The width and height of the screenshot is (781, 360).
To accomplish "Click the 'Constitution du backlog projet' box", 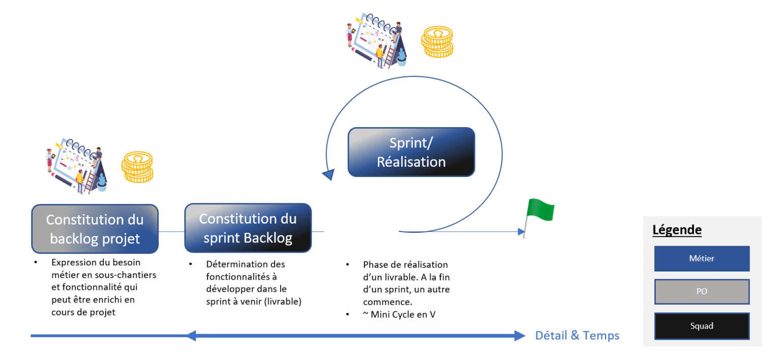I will [95, 229].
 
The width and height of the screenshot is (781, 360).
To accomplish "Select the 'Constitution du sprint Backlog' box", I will [248, 228].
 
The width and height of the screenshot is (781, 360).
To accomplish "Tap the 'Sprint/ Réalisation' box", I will [411, 152].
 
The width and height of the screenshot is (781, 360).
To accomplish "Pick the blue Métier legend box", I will [702, 258].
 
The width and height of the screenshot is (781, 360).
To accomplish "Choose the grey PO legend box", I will [702, 292].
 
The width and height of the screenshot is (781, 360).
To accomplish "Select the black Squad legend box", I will [702, 326].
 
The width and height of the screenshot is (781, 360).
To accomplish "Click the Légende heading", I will [677, 230].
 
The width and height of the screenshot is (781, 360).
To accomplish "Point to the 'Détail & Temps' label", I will [577, 336].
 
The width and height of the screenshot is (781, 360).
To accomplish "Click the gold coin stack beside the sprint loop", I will [437, 42].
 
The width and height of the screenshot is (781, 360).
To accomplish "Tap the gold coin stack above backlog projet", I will [137, 167].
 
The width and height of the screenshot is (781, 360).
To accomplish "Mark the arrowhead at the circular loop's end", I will [328, 175].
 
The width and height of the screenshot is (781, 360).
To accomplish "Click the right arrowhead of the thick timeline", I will [519, 336].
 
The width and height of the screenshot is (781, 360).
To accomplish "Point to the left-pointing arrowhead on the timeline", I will [191, 336].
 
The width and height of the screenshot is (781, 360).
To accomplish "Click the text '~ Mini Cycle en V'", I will [399, 314].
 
